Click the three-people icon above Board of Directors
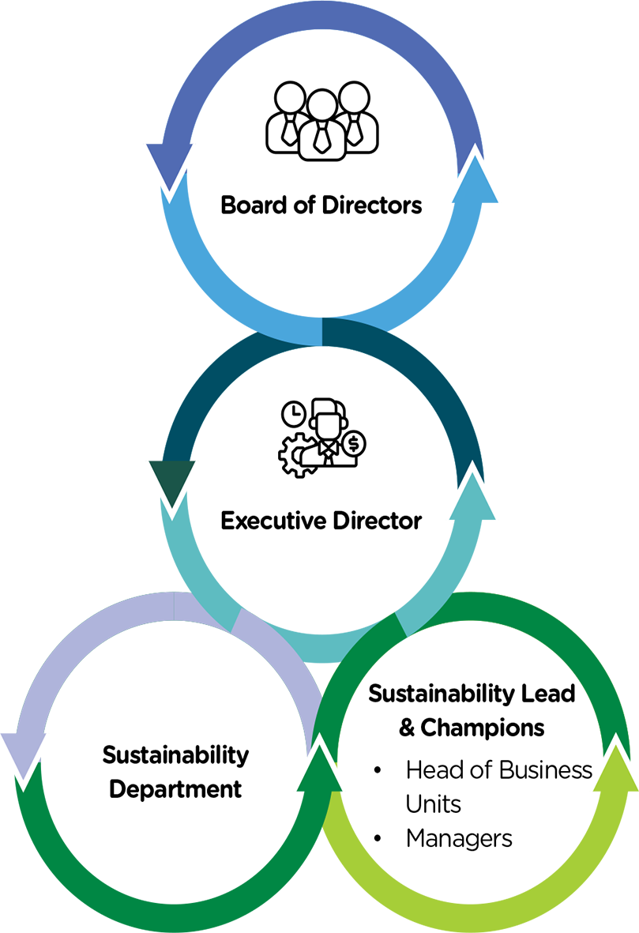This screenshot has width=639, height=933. pyautogui.click(x=322, y=121)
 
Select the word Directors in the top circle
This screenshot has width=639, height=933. pyautogui.click(x=372, y=205)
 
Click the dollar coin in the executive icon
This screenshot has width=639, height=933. pyautogui.click(x=354, y=443)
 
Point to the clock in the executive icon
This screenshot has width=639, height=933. pyautogui.click(x=293, y=414)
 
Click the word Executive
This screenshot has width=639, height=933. pyautogui.click(x=273, y=521)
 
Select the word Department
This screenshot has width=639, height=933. pyautogui.click(x=175, y=789)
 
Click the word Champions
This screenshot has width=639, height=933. pyautogui.click(x=482, y=728)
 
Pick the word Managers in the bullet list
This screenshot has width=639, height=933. pyautogui.click(x=459, y=839)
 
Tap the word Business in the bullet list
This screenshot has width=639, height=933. pyautogui.click(x=547, y=770)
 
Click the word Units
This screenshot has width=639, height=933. pyautogui.click(x=433, y=804)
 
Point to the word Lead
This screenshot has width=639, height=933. pyautogui.click(x=548, y=694)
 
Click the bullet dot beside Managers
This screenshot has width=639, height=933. pyautogui.click(x=378, y=838)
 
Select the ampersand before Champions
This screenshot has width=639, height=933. pyautogui.click(x=407, y=728)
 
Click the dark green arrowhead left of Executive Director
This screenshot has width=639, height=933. pyautogui.click(x=172, y=483)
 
